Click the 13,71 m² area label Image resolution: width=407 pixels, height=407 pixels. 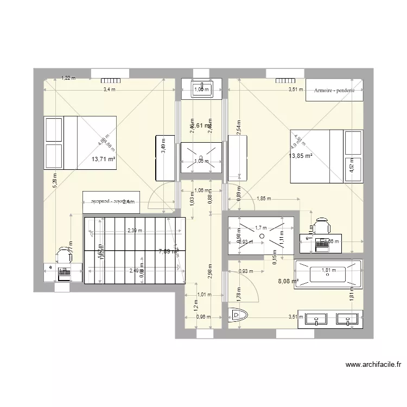click(x=104, y=159)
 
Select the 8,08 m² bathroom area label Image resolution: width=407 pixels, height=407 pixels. click(x=288, y=281)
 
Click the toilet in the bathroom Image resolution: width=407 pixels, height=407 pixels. click(x=238, y=315)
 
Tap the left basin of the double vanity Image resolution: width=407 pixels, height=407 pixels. click(x=315, y=318)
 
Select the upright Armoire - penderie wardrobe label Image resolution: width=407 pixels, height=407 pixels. click(x=334, y=91)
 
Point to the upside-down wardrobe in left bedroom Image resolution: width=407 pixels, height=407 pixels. click(x=111, y=201)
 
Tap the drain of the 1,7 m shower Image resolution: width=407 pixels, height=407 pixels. click(x=262, y=236)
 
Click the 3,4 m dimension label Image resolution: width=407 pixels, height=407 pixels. click(x=110, y=90)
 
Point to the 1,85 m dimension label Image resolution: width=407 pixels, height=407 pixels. click(x=263, y=199)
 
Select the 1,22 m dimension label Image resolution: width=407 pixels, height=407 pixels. click(x=68, y=78)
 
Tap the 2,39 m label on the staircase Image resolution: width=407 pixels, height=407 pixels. click(x=134, y=230)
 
